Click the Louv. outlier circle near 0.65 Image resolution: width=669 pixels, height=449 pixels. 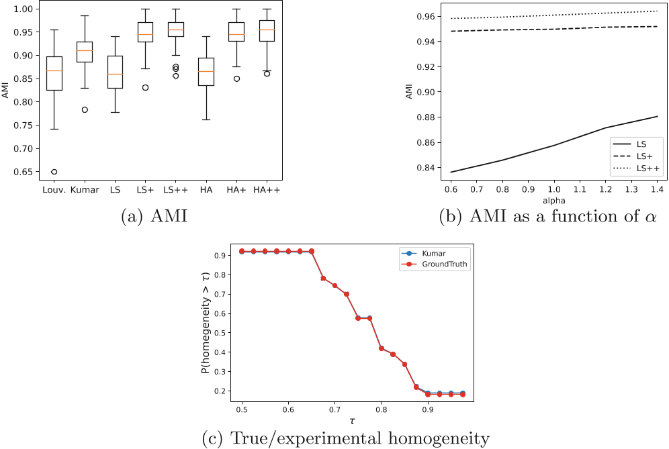click(x=54, y=172)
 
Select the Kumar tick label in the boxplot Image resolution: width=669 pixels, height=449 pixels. click(x=85, y=190)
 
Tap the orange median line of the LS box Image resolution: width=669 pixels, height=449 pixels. click(x=115, y=74)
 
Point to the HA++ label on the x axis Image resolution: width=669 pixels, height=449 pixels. click(x=267, y=190)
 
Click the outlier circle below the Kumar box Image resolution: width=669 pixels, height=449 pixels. click(x=85, y=109)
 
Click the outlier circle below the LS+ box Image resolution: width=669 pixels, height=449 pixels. click(x=145, y=87)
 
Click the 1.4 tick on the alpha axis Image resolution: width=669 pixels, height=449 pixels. click(x=654, y=191)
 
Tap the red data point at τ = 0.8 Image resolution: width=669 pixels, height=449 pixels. click(x=382, y=348)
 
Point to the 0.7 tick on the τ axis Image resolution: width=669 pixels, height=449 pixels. click(x=334, y=409)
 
